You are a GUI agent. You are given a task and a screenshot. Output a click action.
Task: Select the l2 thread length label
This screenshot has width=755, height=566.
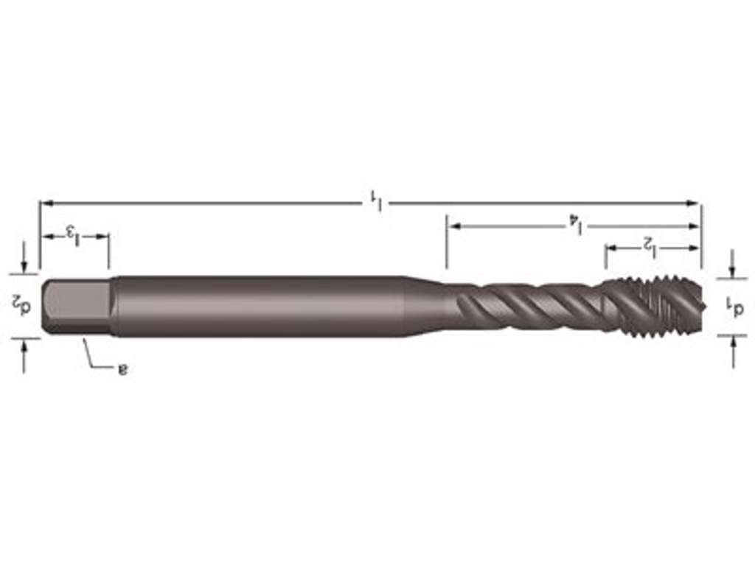point(649,245)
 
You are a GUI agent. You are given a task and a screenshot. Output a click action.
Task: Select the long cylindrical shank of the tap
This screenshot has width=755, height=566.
point(258,307)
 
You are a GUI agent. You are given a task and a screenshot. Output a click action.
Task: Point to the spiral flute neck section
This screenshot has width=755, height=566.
point(523,306)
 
